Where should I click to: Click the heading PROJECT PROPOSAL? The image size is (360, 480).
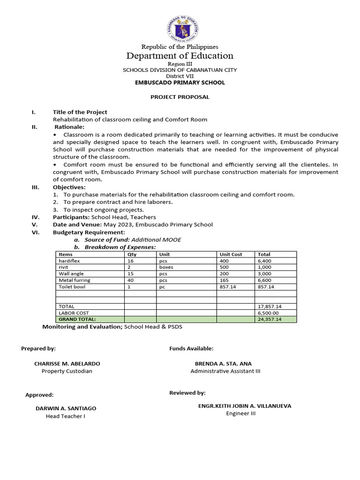pos(180,97)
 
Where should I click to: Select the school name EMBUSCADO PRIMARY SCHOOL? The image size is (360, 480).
pos(180,82)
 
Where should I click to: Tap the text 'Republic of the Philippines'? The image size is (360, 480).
pos(180,47)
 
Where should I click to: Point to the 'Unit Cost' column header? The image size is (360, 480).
pos(231,254)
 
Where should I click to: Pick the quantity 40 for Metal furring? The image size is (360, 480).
pos(131,280)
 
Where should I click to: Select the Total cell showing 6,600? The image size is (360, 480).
pos(264,280)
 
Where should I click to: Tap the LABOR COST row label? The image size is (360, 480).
pos(74,313)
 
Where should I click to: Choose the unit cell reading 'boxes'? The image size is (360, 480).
pos(166,267)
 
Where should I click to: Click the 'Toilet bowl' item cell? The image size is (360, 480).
pos(72,287)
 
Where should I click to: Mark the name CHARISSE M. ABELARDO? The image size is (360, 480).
pos(67,364)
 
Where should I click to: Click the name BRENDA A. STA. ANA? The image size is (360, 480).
pos(223,364)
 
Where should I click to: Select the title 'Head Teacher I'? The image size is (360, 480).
pos(65,416)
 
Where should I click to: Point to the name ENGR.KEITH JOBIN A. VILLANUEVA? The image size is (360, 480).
pos(245,406)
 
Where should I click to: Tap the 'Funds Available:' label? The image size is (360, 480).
pos(191,349)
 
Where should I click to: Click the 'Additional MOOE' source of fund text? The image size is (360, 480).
pos(156,240)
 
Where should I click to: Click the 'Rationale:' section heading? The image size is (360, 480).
pos(69,127)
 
